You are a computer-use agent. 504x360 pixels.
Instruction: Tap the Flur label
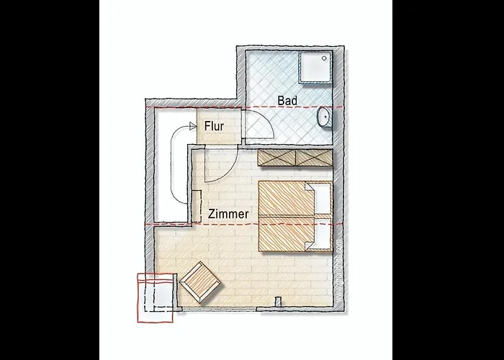pyautogui.click(x=215, y=126)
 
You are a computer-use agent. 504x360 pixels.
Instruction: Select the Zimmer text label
pyautogui.click(x=229, y=214)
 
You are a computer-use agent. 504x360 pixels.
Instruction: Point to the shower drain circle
pyautogui.click(x=325, y=56)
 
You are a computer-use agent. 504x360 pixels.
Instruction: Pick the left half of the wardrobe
pyautogui.click(x=277, y=156)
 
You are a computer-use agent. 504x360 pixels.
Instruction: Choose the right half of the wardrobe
pyautogui.click(x=314, y=156)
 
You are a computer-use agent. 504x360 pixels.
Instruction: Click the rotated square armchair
pyautogui.click(x=201, y=281)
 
